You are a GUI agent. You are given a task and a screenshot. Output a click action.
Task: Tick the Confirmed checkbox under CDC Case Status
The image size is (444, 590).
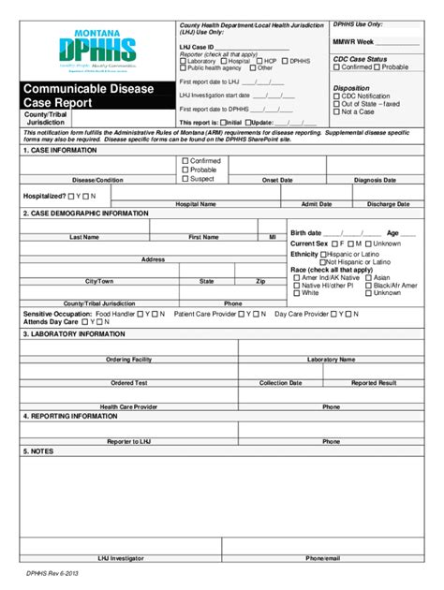pos(336,67)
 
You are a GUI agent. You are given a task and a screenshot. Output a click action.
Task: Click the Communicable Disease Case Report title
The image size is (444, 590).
pos(81,97)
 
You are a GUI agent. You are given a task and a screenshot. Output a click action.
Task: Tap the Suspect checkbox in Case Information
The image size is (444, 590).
pos(185,178)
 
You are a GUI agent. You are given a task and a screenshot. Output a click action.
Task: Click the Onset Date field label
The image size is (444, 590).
pos(277,179)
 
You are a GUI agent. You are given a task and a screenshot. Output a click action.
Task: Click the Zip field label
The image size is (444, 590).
pos(260,281)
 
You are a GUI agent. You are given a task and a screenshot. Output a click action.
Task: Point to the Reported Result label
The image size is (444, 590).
pos(374,382)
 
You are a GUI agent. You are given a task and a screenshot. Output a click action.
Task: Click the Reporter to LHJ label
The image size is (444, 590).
pos(128,440)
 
